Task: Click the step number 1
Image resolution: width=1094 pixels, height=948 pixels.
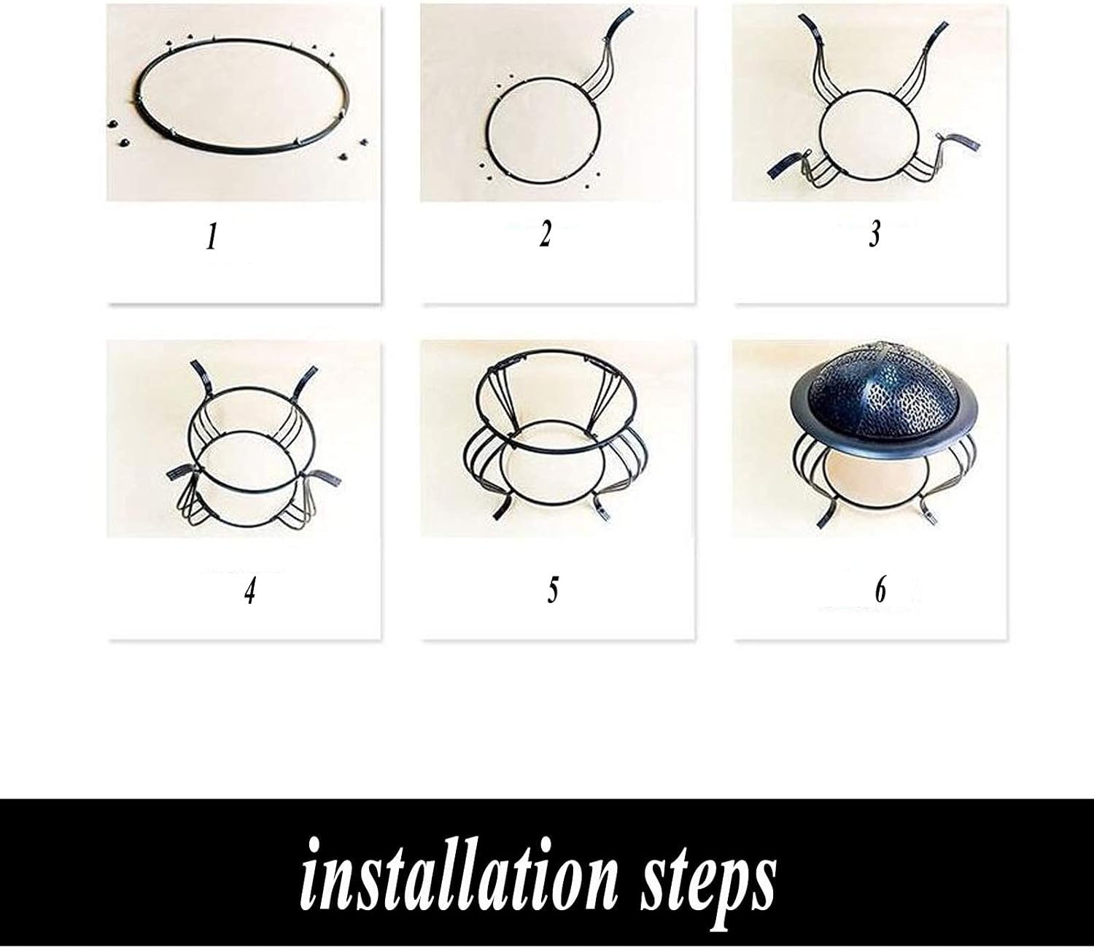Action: [212, 236]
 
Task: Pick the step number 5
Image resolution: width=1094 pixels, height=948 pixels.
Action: [553, 590]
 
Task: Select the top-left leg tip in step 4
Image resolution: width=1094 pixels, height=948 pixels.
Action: [197, 366]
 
